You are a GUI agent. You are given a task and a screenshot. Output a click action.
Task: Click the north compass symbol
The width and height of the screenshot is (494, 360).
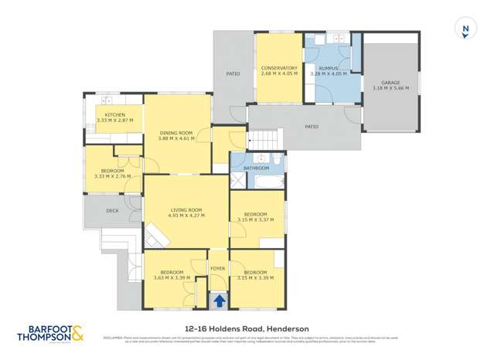pyautogui.click(x=465, y=30)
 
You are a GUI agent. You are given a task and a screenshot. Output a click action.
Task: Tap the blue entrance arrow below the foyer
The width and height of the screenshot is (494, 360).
pyautogui.click(x=219, y=301)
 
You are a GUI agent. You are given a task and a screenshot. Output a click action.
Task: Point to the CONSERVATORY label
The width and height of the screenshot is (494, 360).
pyautogui.click(x=278, y=68)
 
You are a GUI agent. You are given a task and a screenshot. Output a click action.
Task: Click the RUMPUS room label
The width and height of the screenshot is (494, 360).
pyautogui.click(x=332, y=68)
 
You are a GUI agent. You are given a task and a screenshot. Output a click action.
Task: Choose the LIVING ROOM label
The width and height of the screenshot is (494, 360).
pyautogui.click(x=186, y=210)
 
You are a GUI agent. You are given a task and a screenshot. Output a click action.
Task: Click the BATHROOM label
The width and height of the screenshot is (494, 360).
pyautogui.click(x=256, y=168)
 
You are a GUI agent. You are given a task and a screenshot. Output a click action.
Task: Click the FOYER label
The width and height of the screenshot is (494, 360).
pyautogui.click(x=218, y=269)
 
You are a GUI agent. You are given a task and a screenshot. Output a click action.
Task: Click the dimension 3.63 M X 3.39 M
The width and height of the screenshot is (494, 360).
pyautogui.click(x=172, y=277)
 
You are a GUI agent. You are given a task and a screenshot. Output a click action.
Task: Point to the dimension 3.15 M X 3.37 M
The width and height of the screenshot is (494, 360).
pyautogui.click(x=256, y=219)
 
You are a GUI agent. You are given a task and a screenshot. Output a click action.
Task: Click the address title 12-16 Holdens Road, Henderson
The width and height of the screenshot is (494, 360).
pyautogui.click(x=247, y=328)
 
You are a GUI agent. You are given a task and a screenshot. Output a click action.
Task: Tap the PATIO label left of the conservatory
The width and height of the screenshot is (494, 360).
pyautogui.click(x=232, y=74)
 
